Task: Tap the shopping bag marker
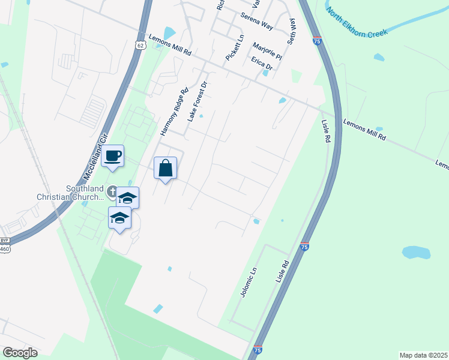tap(166, 169)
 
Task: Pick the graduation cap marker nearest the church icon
tap(127, 198)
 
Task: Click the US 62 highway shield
tap(140, 45)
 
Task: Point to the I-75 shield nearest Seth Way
tap(317, 41)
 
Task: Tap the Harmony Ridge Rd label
tap(174, 112)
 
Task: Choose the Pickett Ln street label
tap(235, 47)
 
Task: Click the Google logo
tap(20, 352)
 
